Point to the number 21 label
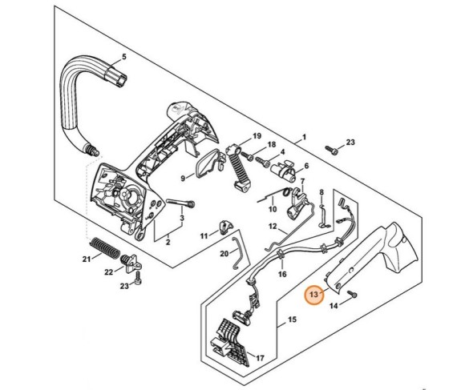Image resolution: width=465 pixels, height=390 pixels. [x=87, y=259]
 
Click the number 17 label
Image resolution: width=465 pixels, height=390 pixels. [x=258, y=356]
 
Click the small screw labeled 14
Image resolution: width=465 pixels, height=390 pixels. [x=354, y=296]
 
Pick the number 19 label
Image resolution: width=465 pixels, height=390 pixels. [x=257, y=135]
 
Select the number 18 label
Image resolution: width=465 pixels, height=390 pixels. [x=272, y=145]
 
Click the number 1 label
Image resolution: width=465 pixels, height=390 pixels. [x=303, y=138]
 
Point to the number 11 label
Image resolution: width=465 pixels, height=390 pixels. [x=204, y=235]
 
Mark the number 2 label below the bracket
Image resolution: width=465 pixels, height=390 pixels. [x=168, y=240]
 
